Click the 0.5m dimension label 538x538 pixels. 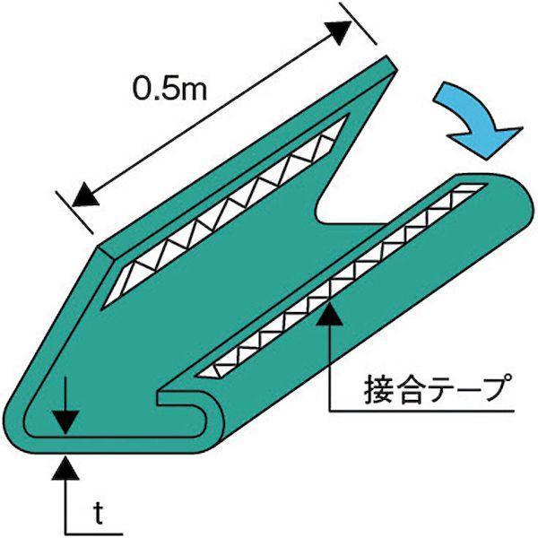[169, 88]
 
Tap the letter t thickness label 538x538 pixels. [99, 514]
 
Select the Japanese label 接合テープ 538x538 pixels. [436, 389]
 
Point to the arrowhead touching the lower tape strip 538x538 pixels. [329, 313]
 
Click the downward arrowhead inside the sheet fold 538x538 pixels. [66, 422]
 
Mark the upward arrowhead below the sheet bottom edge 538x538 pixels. [65, 467]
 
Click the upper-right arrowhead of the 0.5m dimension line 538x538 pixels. [339, 32]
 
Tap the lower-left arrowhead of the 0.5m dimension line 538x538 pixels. [86, 195]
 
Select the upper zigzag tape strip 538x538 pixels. [225, 212]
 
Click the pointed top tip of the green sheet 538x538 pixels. [391, 62]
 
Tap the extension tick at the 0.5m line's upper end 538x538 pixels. [358, 23]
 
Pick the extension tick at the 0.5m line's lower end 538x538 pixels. [74, 212]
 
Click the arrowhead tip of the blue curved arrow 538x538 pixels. [487, 160]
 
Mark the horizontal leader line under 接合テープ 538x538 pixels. [421, 411]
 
